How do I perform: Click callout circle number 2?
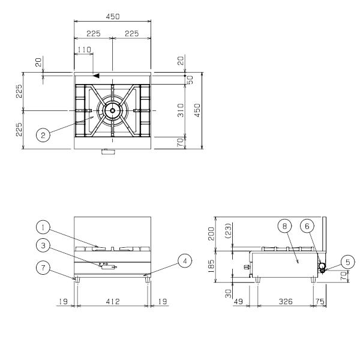[43, 135]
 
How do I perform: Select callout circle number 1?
[43, 227]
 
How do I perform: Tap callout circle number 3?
[43, 245]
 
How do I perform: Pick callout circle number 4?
[185, 261]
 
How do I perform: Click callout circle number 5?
[348, 262]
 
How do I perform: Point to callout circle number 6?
[307, 226]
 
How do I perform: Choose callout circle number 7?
[43, 268]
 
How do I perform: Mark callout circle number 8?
[284, 226]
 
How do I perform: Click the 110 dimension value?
[85, 50]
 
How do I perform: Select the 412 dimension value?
[113, 301]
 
